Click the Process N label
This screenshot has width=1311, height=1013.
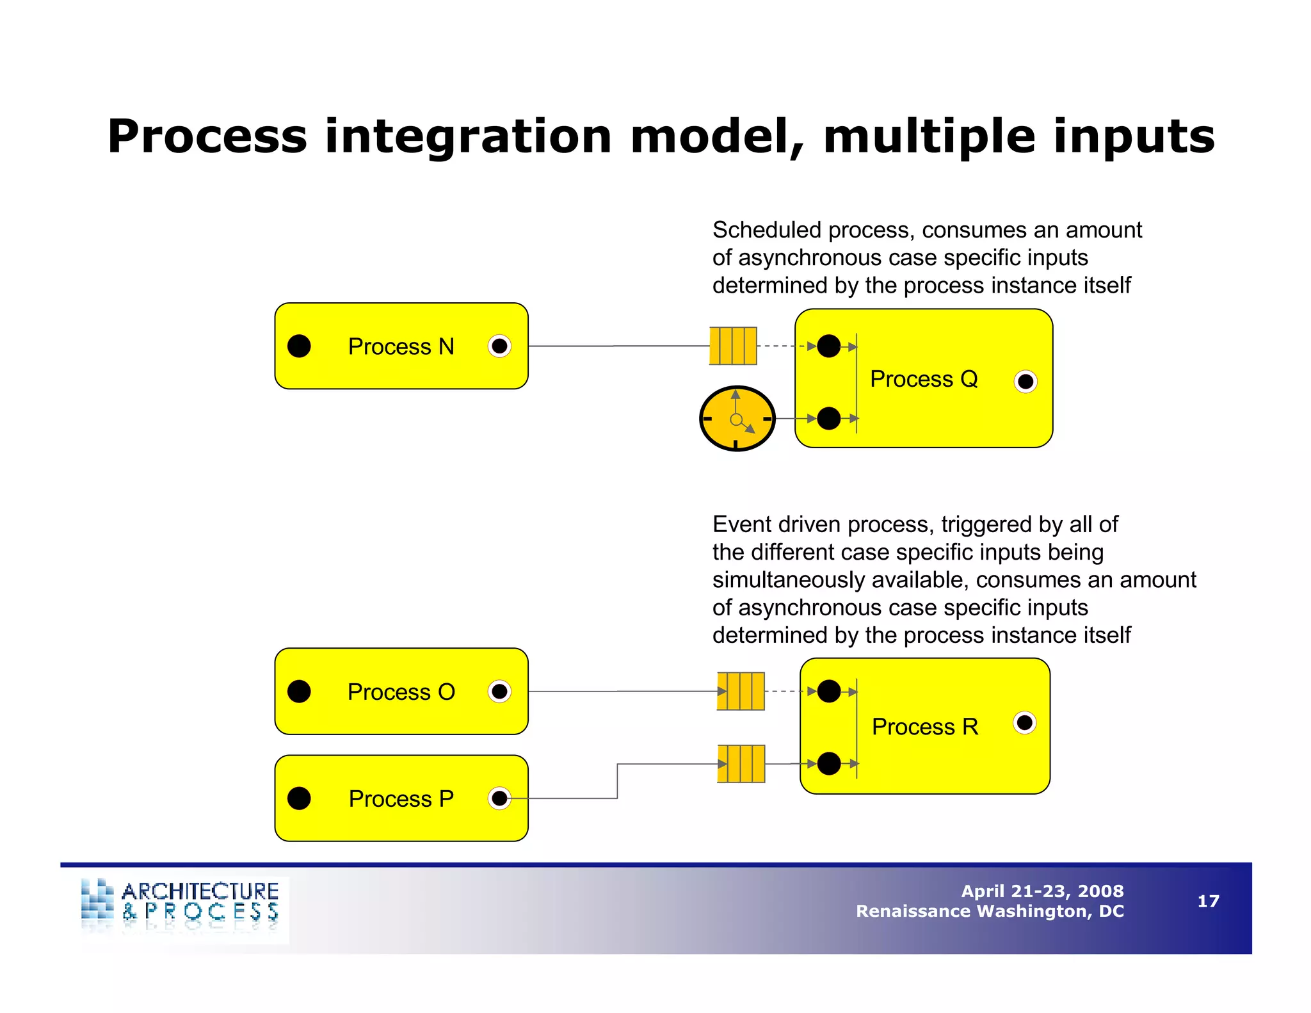(401, 346)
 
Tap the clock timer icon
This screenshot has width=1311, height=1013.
(737, 419)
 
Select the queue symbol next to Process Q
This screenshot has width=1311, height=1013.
(733, 346)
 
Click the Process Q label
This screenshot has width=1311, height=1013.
(923, 379)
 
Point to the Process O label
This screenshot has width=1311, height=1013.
(401, 692)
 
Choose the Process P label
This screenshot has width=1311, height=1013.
(401, 799)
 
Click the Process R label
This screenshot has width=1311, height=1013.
(924, 727)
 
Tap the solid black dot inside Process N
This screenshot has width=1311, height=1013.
(299, 346)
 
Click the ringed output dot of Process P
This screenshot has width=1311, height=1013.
(499, 798)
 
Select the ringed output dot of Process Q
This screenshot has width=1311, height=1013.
(1025, 382)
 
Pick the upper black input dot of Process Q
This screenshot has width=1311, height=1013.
(829, 346)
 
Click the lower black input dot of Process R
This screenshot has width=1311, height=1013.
(829, 763)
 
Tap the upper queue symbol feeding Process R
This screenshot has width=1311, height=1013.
(741, 692)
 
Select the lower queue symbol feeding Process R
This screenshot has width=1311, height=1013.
(741, 763)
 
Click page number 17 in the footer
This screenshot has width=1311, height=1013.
(1208, 901)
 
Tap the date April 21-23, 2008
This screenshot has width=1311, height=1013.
(1042, 891)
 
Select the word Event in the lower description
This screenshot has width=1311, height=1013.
(741, 524)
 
